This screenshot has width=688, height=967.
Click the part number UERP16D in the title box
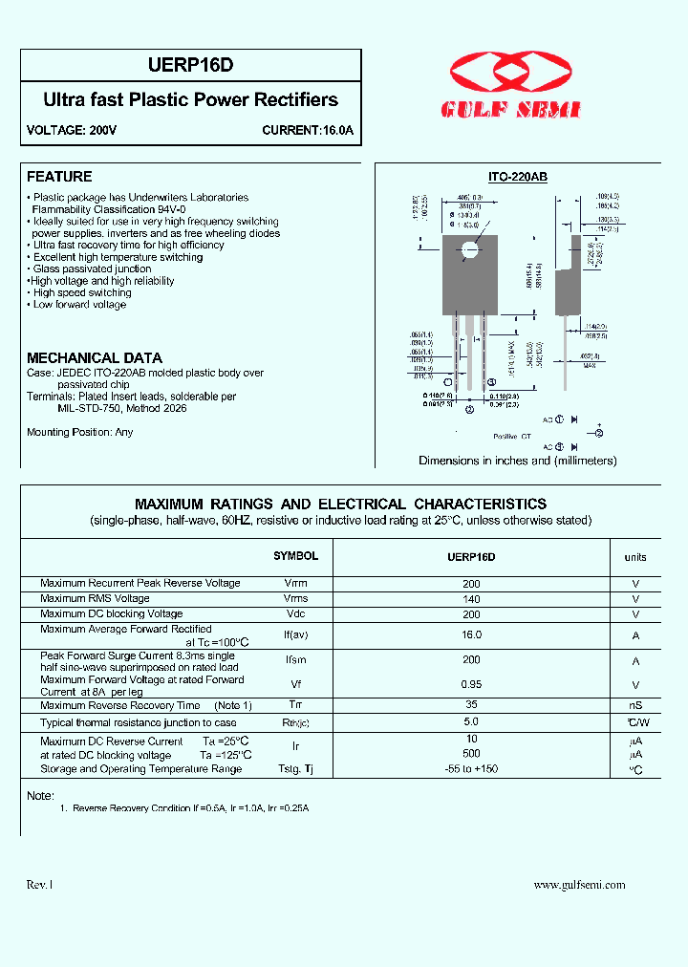pos(190,66)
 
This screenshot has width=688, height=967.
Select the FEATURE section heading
pos(59,177)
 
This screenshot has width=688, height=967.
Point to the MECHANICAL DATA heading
pos(94,357)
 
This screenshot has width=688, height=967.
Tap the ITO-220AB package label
pos(517,178)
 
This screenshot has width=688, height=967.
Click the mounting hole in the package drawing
pos(469,251)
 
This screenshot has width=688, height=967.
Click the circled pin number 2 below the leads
pos(469,410)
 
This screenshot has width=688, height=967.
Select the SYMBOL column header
pos(295,556)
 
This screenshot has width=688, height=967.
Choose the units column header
pos(635,557)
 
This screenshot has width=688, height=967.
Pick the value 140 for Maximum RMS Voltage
pos(471,599)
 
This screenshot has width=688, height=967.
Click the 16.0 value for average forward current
pos(471,634)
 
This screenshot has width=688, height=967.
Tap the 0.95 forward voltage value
pos(471,685)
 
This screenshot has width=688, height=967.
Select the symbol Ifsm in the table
pos(295,661)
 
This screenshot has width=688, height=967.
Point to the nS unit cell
pos(635,706)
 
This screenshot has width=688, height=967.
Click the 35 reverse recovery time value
pos(471,705)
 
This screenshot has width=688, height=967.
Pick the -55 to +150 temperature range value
pos(471,769)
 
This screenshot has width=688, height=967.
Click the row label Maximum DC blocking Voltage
pos(111,614)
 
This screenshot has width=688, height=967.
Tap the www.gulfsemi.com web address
pos(579,885)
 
